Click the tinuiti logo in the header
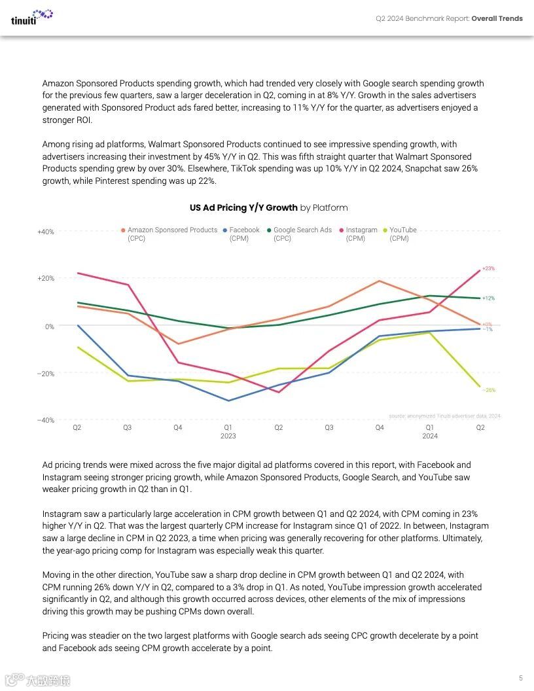click(32, 16)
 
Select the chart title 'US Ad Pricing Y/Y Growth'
click(243, 208)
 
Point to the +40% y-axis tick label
click(46, 232)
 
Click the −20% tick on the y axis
click(46, 374)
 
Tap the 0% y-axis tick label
click(50, 327)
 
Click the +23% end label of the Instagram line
click(488, 269)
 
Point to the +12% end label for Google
click(488, 298)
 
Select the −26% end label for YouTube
click(488, 390)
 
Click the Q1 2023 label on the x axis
click(228, 431)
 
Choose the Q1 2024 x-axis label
click(430, 431)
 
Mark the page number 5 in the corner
click(520, 678)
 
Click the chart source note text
click(444, 416)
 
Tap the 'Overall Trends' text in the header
click(497, 18)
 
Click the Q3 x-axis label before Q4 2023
click(329, 427)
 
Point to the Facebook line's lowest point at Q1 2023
click(228, 400)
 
